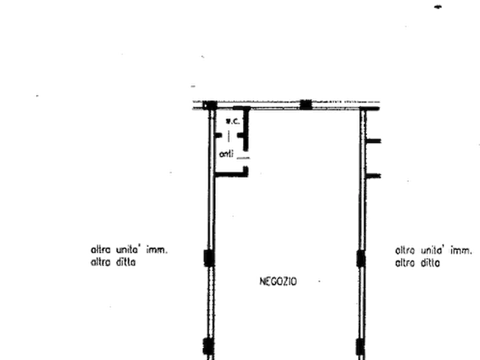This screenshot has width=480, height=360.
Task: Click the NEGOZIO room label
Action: point(278,281)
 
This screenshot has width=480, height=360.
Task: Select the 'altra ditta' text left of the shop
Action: point(114,263)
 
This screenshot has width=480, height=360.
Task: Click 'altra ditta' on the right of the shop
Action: point(418,263)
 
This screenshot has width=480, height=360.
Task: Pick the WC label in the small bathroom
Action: point(232,121)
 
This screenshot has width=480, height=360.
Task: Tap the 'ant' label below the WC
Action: point(226,154)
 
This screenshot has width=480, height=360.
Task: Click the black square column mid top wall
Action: point(305,105)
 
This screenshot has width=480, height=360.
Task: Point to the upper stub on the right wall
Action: point(375,141)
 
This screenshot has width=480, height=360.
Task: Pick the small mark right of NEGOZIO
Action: point(319,281)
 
